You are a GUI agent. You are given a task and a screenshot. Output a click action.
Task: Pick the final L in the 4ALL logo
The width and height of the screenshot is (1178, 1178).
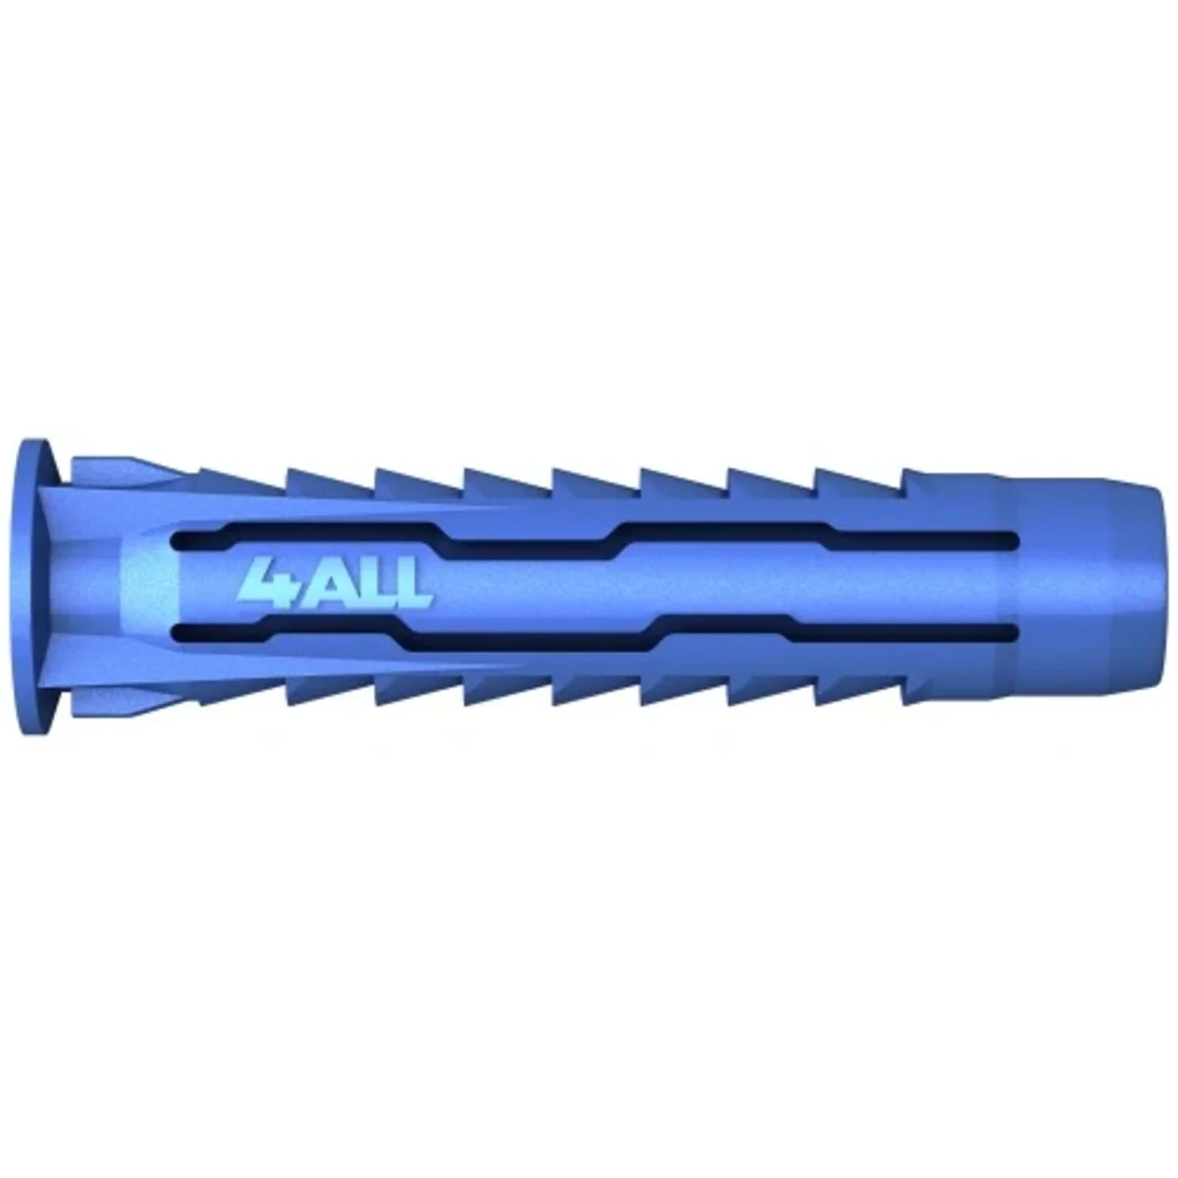pos(412,586)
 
